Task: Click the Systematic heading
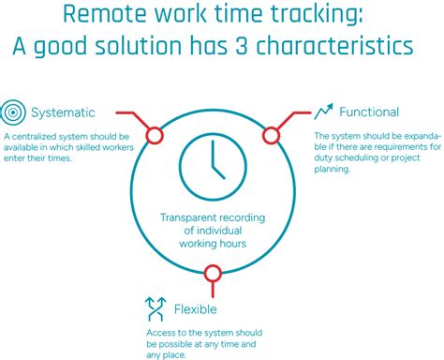click(63, 113)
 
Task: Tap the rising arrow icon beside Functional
click(324, 112)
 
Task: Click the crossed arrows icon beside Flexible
click(155, 307)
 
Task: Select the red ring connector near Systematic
click(154, 136)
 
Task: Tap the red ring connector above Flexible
click(213, 273)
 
